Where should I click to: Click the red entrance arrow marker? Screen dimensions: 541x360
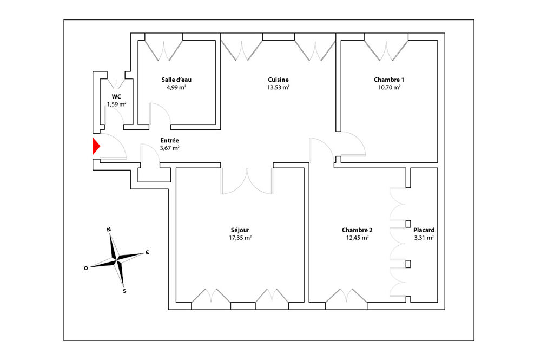[x=96, y=146]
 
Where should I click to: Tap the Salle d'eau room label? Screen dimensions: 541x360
[x=176, y=80]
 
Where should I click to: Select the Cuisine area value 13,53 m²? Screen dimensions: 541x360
[x=278, y=87]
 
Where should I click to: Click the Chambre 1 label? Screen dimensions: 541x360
[x=389, y=80]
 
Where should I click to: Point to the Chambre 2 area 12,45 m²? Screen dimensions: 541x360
[x=357, y=238]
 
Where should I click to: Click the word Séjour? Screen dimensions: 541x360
[x=240, y=230]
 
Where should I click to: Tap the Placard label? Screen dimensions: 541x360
[x=424, y=230]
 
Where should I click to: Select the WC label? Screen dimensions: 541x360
[x=116, y=97]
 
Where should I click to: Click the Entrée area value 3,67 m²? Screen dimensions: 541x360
[x=169, y=148]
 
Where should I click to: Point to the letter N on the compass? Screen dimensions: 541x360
[x=109, y=230]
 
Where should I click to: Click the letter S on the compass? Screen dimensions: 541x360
[x=124, y=291]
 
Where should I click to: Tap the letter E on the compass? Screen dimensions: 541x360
[x=147, y=252]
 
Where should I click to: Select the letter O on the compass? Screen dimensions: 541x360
[x=86, y=268]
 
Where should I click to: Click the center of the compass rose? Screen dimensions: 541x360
[x=117, y=260]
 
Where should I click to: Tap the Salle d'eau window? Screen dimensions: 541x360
[x=163, y=47]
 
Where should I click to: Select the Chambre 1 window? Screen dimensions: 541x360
[x=386, y=47]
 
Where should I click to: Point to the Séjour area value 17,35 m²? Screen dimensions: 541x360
[x=240, y=238]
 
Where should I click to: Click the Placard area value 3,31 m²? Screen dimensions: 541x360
[x=424, y=238]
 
